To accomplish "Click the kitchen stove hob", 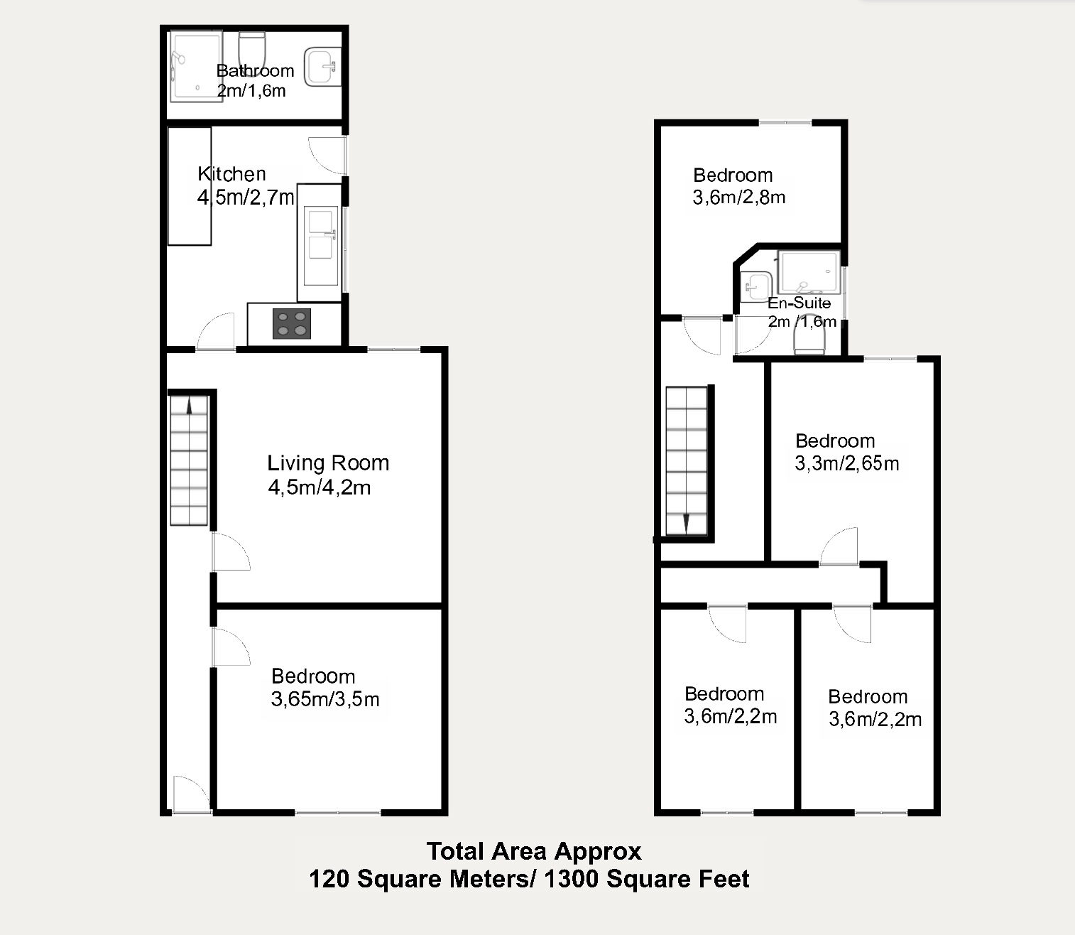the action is click(x=292, y=323).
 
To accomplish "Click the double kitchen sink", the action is click(x=320, y=245).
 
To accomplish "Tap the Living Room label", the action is click(x=328, y=463).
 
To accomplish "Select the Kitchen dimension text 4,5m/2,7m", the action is click(x=246, y=197).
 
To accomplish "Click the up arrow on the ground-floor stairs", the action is click(x=189, y=406).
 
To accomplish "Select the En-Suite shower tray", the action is click(x=809, y=271).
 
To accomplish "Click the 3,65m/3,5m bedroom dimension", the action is click(x=325, y=699).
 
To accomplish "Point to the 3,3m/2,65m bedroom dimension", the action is click(x=847, y=463).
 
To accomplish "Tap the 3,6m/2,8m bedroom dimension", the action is click(x=738, y=198).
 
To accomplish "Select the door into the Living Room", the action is click(x=231, y=551).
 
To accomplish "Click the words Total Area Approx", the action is click(x=534, y=851).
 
